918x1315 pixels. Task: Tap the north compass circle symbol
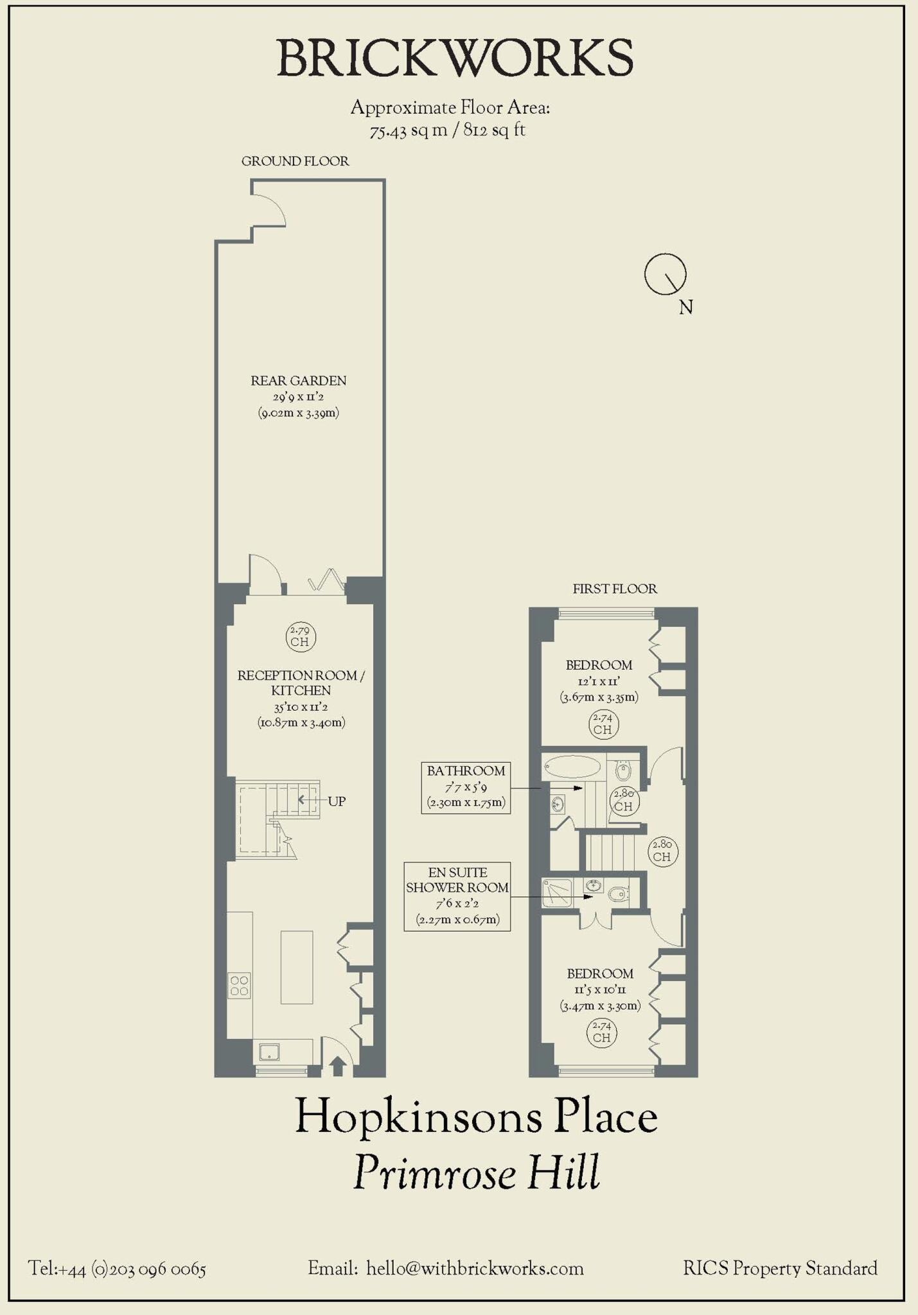point(665,274)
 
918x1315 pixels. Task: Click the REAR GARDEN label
point(298,381)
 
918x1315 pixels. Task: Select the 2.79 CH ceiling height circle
point(300,636)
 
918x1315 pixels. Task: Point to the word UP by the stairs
point(337,801)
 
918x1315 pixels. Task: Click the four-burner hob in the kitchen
point(239,986)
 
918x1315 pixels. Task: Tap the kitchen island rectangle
point(296,967)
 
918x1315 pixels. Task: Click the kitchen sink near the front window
point(269,1052)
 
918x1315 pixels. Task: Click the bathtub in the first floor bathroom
point(572,766)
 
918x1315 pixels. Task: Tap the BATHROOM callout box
point(466,787)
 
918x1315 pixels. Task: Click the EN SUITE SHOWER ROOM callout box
point(457,896)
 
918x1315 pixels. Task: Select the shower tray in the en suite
point(556,893)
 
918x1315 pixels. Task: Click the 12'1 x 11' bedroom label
point(599,681)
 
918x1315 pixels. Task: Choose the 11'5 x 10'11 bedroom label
point(600,989)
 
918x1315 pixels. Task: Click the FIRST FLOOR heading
point(615,589)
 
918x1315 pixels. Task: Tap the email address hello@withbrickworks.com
point(475,1269)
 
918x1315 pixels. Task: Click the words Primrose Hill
point(476,1172)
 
